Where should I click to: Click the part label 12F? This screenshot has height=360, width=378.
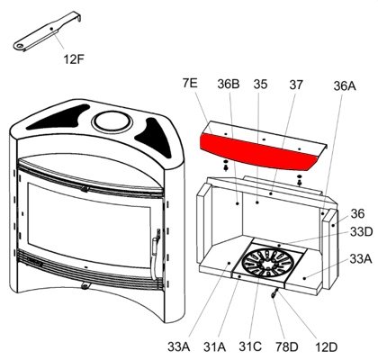(x=74, y=59)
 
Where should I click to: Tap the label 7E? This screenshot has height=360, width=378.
(x=190, y=83)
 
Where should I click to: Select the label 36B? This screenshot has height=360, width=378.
(x=229, y=84)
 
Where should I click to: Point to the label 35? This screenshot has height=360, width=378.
(x=260, y=85)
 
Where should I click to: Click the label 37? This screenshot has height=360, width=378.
(x=296, y=85)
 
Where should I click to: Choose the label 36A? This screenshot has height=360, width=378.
(x=345, y=86)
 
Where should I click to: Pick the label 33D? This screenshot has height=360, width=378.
(x=361, y=232)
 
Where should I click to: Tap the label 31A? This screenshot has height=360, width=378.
(x=215, y=347)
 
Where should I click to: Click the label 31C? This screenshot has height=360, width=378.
(x=250, y=346)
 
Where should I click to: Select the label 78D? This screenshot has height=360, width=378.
(x=287, y=347)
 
